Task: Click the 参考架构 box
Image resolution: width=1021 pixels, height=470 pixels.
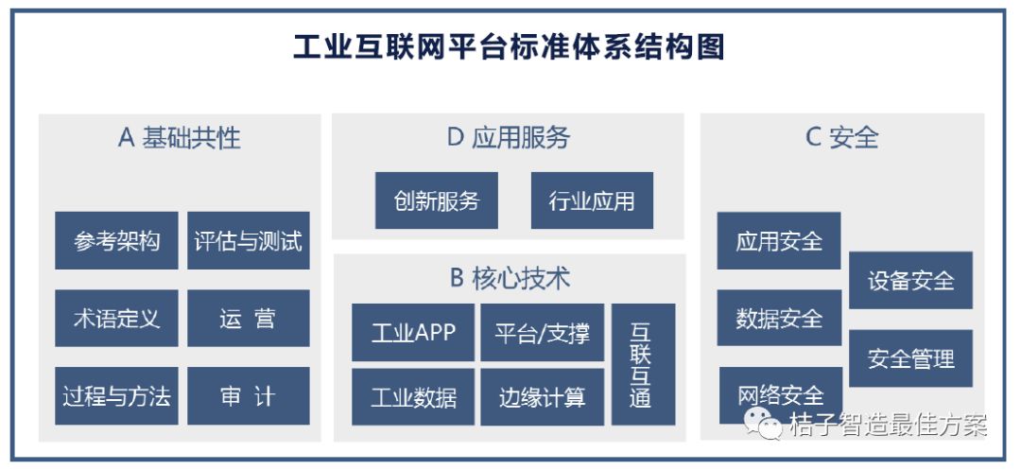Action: point(116,240)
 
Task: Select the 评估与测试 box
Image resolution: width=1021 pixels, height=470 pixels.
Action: point(248,240)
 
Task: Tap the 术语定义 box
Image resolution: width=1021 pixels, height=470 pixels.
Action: point(116,319)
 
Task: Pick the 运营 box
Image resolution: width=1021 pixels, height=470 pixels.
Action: point(248,319)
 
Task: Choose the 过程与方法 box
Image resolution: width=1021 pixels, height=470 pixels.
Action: point(116,396)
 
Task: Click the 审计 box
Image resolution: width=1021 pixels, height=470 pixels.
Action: point(248,396)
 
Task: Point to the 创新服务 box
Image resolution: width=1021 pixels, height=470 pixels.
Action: point(436,200)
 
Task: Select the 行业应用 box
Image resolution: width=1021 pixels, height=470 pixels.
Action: point(592,200)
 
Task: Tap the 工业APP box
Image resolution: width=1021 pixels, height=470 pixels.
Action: point(413,332)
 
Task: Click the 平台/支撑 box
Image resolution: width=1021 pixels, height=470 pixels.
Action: point(543,332)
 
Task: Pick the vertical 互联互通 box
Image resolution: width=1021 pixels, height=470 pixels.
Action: point(644,364)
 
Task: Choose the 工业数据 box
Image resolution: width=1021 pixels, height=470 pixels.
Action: point(413,397)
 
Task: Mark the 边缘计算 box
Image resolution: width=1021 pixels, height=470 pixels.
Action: point(543,397)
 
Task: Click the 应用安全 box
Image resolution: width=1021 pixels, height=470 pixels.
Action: point(779,241)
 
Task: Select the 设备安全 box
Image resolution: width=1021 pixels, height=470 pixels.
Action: point(911,280)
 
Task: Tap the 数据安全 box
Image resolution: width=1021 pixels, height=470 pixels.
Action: point(779,318)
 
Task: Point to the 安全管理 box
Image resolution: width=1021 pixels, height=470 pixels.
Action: point(911,358)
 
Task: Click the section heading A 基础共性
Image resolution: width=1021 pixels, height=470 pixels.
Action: point(179,138)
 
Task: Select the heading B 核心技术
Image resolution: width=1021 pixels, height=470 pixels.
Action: point(510,279)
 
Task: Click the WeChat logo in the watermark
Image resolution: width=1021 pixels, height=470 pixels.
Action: point(764,424)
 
